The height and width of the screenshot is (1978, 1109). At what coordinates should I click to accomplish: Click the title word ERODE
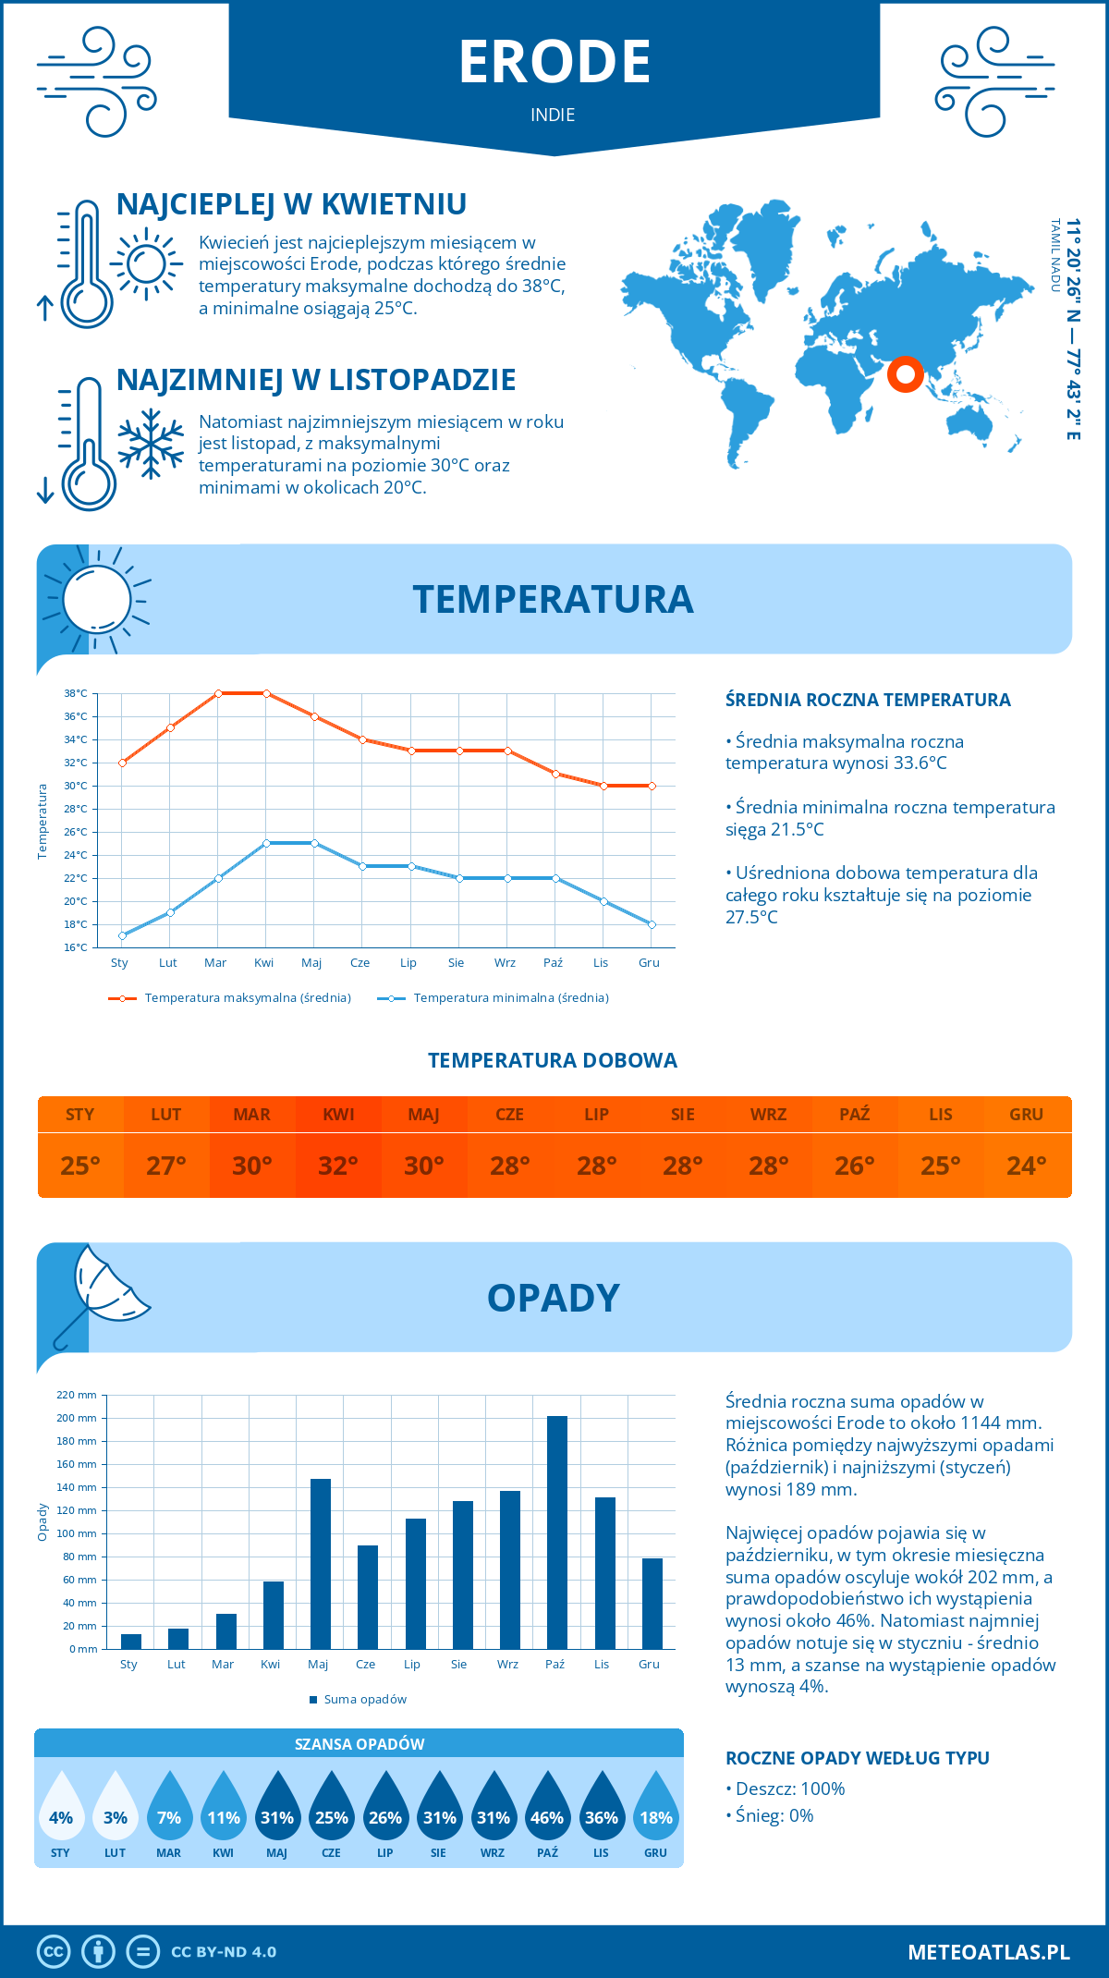[554, 62]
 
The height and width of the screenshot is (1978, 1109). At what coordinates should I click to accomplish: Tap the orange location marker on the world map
[905, 374]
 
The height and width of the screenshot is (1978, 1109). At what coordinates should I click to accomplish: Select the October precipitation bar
[556, 1532]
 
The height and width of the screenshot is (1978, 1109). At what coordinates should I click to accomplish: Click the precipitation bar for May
[321, 1563]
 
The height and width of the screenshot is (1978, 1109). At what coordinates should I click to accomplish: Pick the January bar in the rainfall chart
[131, 1641]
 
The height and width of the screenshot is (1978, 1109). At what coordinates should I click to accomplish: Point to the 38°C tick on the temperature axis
[76, 693]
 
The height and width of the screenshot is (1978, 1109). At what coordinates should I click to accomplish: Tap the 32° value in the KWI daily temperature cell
[338, 1166]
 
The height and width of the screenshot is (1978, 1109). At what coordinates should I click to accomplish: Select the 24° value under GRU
[1026, 1166]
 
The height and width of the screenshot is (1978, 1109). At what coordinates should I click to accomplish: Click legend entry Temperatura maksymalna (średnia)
[248, 998]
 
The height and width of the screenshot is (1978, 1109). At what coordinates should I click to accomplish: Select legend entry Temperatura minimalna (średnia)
[511, 998]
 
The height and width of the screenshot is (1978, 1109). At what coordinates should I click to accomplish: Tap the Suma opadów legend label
[365, 1700]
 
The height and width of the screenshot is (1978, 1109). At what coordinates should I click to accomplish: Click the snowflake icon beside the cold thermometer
[151, 444]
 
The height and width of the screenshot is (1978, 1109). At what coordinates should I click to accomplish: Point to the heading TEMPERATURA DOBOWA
[553, 1060]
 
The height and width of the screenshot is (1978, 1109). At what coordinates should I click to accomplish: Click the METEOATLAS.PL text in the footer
[989, 1952]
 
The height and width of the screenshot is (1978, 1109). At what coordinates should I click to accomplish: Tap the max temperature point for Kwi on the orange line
[266, 693]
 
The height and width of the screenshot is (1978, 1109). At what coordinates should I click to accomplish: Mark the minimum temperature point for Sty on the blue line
[122, 935]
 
